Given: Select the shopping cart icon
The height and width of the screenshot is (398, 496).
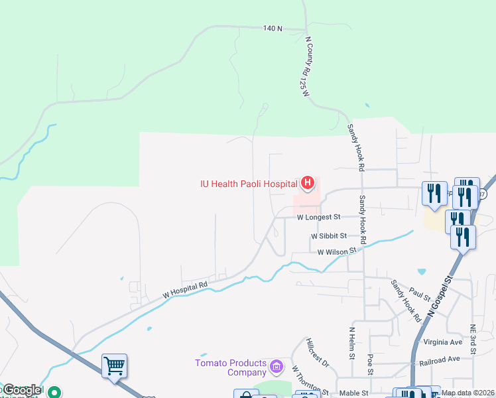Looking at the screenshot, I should coord(115,365).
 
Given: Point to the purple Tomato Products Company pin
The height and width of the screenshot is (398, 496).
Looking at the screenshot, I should coord(277,365).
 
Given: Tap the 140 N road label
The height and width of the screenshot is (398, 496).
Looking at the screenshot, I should coord(273,29).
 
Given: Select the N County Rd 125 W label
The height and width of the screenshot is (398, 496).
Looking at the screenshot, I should coord(306,66).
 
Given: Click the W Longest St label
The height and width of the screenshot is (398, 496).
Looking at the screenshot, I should coord(318,217).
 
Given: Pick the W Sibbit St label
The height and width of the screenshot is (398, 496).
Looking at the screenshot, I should coord(328,236).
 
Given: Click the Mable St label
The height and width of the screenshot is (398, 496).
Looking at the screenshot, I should coord(353,393).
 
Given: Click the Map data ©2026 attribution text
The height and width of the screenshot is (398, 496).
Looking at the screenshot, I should coord(467,393).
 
